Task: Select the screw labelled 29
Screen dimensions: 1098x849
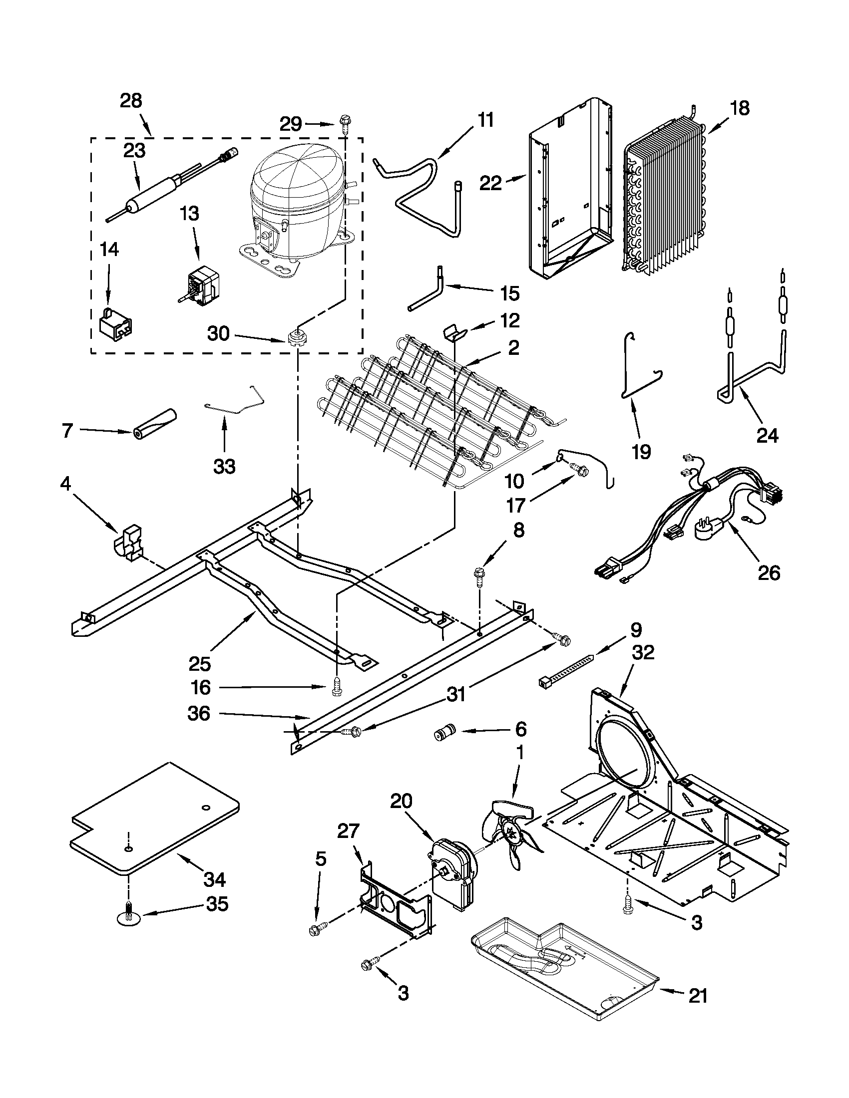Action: (x=345, y=122)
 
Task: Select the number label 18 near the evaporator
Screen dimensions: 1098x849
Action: (x=740, y=109)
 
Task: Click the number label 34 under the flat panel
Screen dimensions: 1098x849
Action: (x=215, y=879)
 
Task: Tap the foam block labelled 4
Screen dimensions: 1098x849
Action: (x=129, y=543)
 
